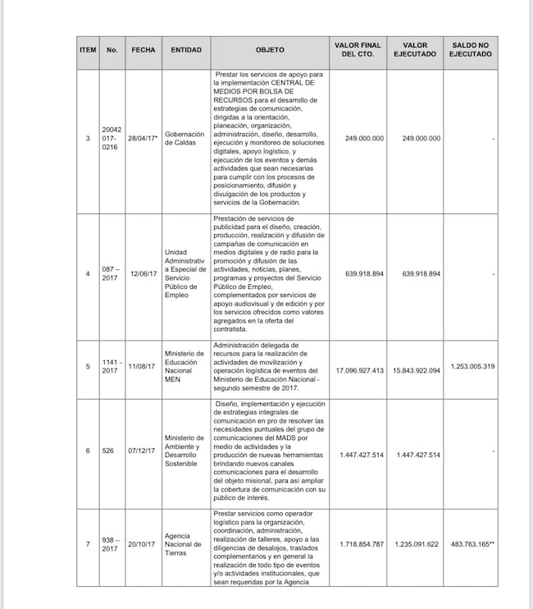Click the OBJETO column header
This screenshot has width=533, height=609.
(x=270, y=50)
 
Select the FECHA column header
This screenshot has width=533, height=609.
(x=143, y=50)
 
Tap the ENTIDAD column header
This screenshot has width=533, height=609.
(x=185, y=50)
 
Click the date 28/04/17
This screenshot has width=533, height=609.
(x=143, y=138)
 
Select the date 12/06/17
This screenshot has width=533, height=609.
(x=143, y=274)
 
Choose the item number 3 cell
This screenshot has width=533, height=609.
(x=88, y=138)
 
